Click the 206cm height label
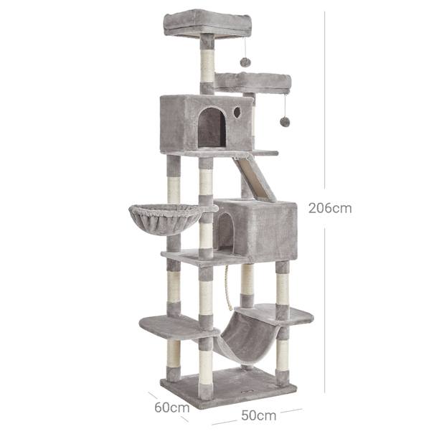tap(330, 208)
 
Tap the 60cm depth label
tap(172, 407)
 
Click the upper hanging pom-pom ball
tap(245, 62)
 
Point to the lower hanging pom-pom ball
tap(285, 121)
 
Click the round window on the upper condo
tap(237, 112)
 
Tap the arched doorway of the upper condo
tap(212, 127)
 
